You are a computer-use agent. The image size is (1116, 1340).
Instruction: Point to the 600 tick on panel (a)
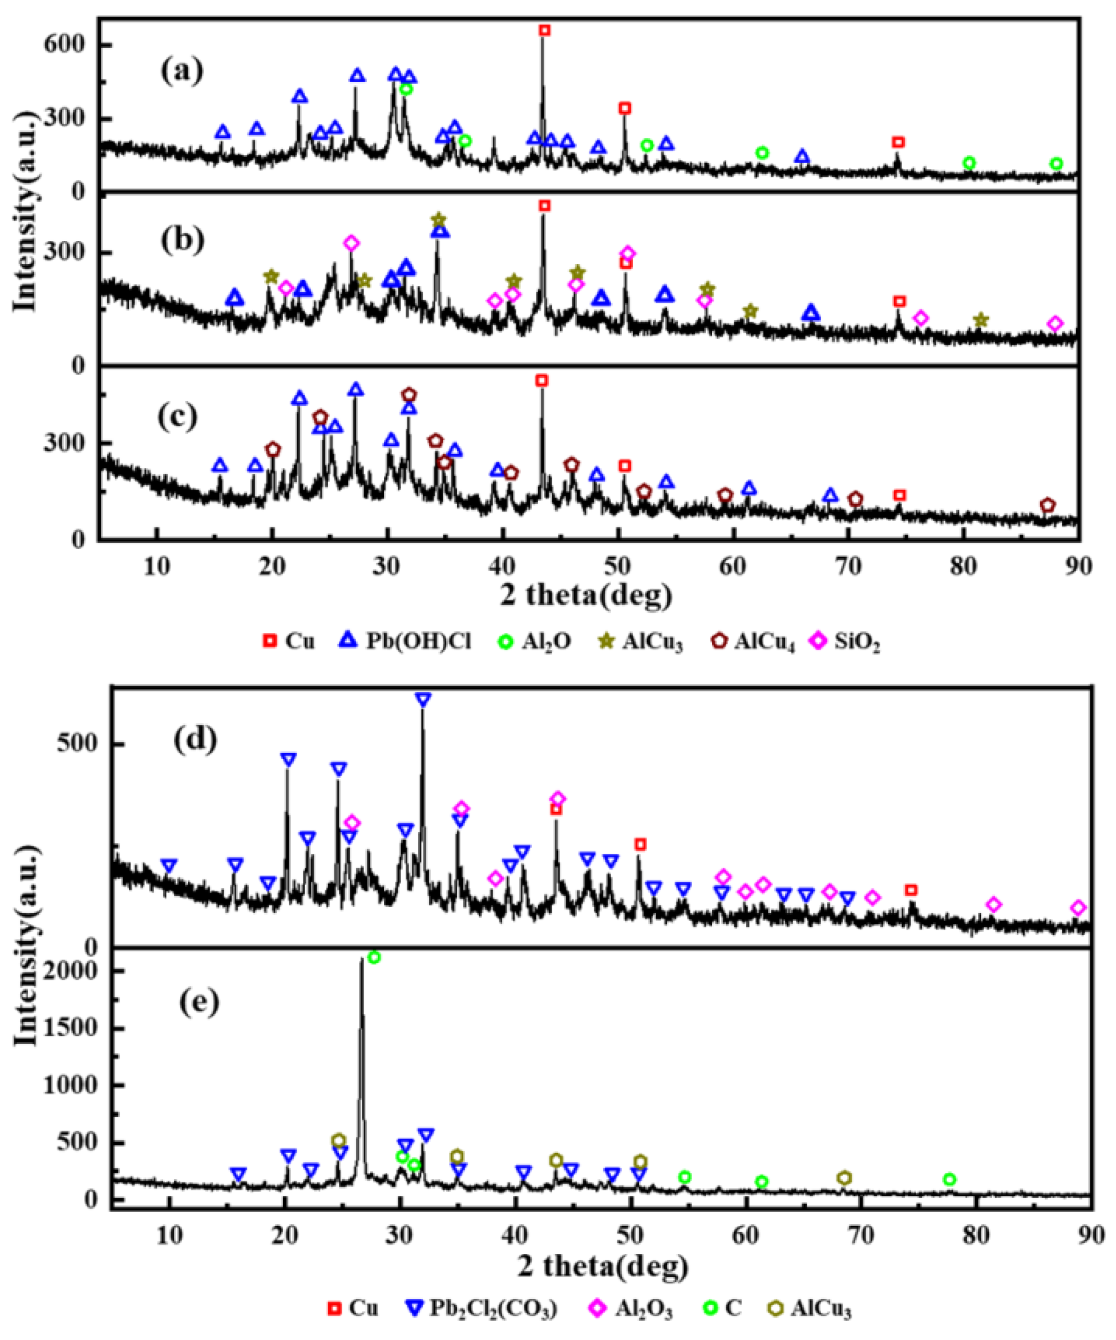(63, 45)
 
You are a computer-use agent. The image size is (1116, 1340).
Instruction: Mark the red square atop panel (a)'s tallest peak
(544, 30)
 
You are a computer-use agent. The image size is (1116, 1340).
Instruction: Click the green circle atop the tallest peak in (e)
(374, 957)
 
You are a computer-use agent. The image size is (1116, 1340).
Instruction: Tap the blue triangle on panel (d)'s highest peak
(422, 699)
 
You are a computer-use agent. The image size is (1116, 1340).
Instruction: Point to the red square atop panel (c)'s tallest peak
(541, 380)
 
